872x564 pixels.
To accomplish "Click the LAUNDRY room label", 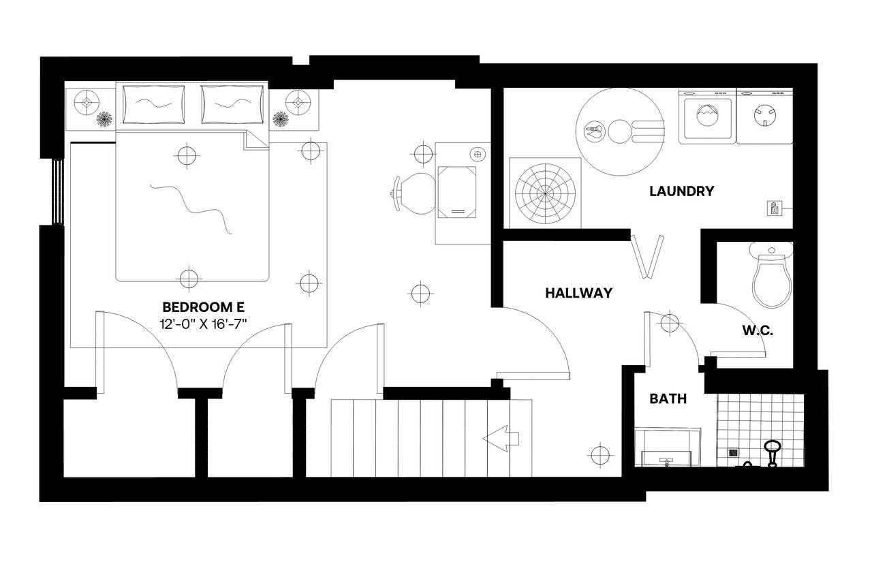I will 681,191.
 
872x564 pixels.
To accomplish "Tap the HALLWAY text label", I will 578,293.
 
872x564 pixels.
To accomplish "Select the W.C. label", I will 757,332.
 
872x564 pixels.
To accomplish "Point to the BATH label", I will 668,398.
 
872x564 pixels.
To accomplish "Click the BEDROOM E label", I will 203,307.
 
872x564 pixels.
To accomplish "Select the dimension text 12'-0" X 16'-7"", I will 203,324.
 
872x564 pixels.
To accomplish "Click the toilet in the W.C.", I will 772,276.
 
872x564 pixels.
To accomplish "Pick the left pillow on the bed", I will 154,104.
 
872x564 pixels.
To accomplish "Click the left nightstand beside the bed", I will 89,107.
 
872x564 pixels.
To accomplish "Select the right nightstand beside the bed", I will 294,107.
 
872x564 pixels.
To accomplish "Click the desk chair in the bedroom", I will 414,193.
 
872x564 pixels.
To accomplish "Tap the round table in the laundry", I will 619,131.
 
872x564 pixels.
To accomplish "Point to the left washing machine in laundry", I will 707,116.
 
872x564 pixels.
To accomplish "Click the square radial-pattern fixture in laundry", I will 545,193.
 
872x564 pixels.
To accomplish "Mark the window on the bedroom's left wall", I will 58,191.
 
